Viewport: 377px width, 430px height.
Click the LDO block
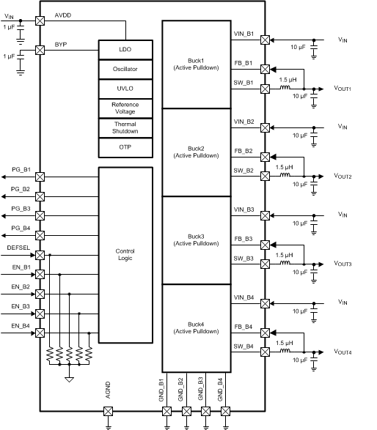click(x=125, y=49)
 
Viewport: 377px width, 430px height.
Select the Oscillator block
click(x=125, y=70)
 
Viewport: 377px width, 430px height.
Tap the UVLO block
click(x=125, y=89)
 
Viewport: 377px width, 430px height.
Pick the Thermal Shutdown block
click(x=125, y=127)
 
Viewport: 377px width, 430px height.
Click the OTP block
click(x=125, y=147)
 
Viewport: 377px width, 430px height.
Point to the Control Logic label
click(x=125, y=255)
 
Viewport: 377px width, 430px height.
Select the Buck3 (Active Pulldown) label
click(x=196, y=240)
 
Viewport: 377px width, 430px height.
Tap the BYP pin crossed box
click(x=40, y=51)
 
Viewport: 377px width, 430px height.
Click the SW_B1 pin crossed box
click(x=265, y=89)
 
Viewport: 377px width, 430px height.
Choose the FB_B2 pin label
click(x=244, y=151)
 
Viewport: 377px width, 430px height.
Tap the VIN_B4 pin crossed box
click(x=265, y=303)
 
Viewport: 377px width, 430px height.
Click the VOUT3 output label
click(x=343, y=264)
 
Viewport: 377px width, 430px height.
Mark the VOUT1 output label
click(x=343, y=89)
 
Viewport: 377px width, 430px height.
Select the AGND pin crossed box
click(x=108, y=412)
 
